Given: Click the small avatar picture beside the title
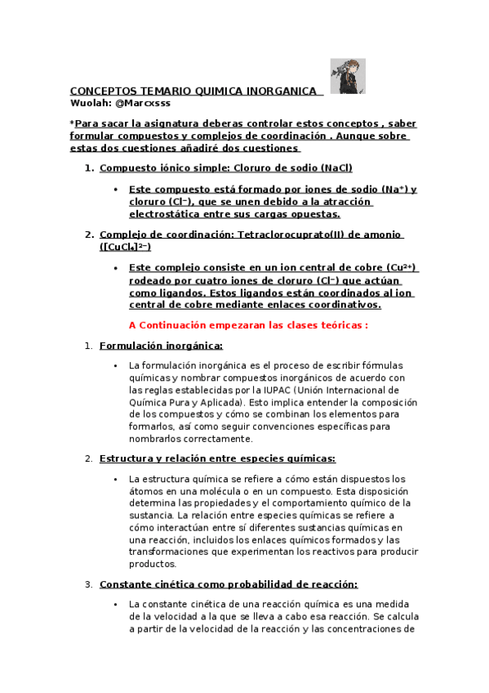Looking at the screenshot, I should (341, 76).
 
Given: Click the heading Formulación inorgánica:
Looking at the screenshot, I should (155, 346).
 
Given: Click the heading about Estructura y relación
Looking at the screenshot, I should (217, 458).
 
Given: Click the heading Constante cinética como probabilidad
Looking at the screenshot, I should (229, 584).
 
